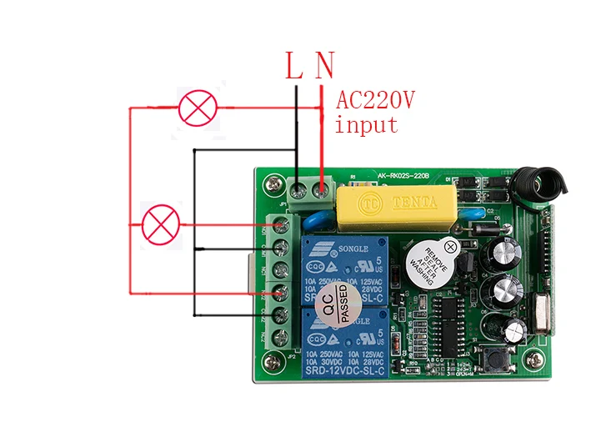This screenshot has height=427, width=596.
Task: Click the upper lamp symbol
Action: (198, 108)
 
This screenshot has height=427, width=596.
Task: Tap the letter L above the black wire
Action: (294, 67)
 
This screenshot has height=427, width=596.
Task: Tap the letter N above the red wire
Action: (324, 66)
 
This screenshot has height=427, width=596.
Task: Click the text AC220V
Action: (375, 102)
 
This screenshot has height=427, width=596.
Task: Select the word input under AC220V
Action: (367, 126)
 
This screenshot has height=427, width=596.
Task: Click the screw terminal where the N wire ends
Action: (320, 190)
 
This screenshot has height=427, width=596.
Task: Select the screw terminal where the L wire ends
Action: (298, 190)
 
